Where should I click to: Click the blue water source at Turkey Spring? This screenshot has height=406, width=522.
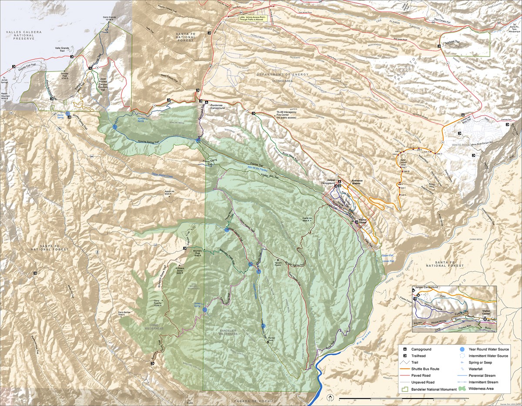tap(205, 310)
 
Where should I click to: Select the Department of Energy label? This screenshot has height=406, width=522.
tap(283, 74)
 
